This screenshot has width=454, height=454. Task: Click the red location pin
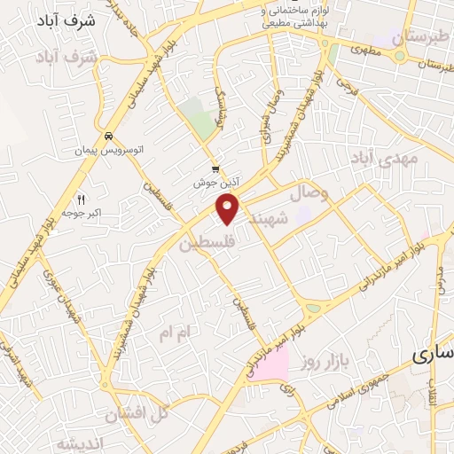(229, 208)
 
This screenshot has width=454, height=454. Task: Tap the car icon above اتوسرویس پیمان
(107, 137)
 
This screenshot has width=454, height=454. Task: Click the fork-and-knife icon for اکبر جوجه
(82, 199)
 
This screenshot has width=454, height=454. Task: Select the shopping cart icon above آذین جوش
(215, 168)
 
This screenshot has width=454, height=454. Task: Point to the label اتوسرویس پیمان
(106, 152)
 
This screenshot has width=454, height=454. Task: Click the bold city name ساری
(434, 356)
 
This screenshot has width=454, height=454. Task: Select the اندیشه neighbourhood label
(81, 442)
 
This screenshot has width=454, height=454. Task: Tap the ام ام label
(174, 333)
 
